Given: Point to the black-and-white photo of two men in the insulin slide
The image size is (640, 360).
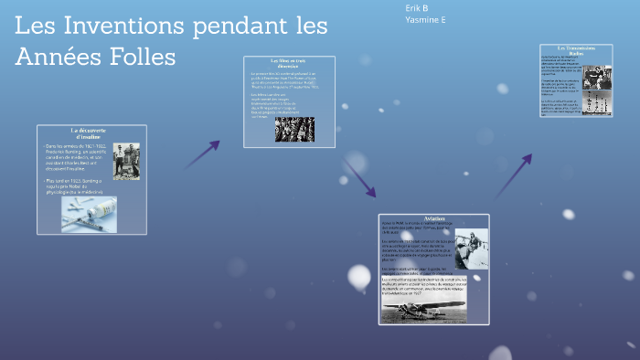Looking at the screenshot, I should [x=126, y=162].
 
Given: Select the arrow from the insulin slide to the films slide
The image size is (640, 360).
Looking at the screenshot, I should [x=202, y=154].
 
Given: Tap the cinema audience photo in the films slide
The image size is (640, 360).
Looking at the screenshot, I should [x=294, y=129].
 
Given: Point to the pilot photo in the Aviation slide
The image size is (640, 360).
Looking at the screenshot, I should [x=471, y=248].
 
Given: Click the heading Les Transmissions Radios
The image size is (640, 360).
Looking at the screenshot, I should [x=577, y=50].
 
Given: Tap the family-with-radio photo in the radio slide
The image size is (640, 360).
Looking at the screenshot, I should [x=597, y=79].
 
